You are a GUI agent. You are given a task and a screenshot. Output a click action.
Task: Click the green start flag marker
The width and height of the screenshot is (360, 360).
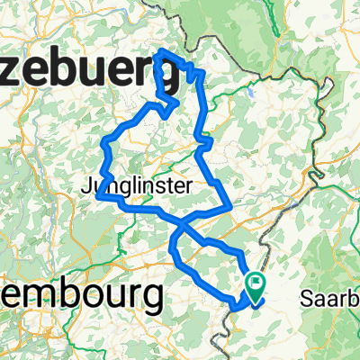[256, 287]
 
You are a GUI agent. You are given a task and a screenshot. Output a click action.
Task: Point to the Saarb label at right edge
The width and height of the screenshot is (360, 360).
[334, 298]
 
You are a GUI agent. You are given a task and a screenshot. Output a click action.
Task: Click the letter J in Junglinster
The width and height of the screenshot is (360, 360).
[85, 187]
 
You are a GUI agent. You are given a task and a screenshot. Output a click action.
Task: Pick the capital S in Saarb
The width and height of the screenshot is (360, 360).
[314, 298]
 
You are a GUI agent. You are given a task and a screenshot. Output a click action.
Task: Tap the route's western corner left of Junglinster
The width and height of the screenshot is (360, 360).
[97, 187]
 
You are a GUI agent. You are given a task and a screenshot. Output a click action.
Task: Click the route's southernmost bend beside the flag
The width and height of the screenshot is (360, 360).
[236, 309]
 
